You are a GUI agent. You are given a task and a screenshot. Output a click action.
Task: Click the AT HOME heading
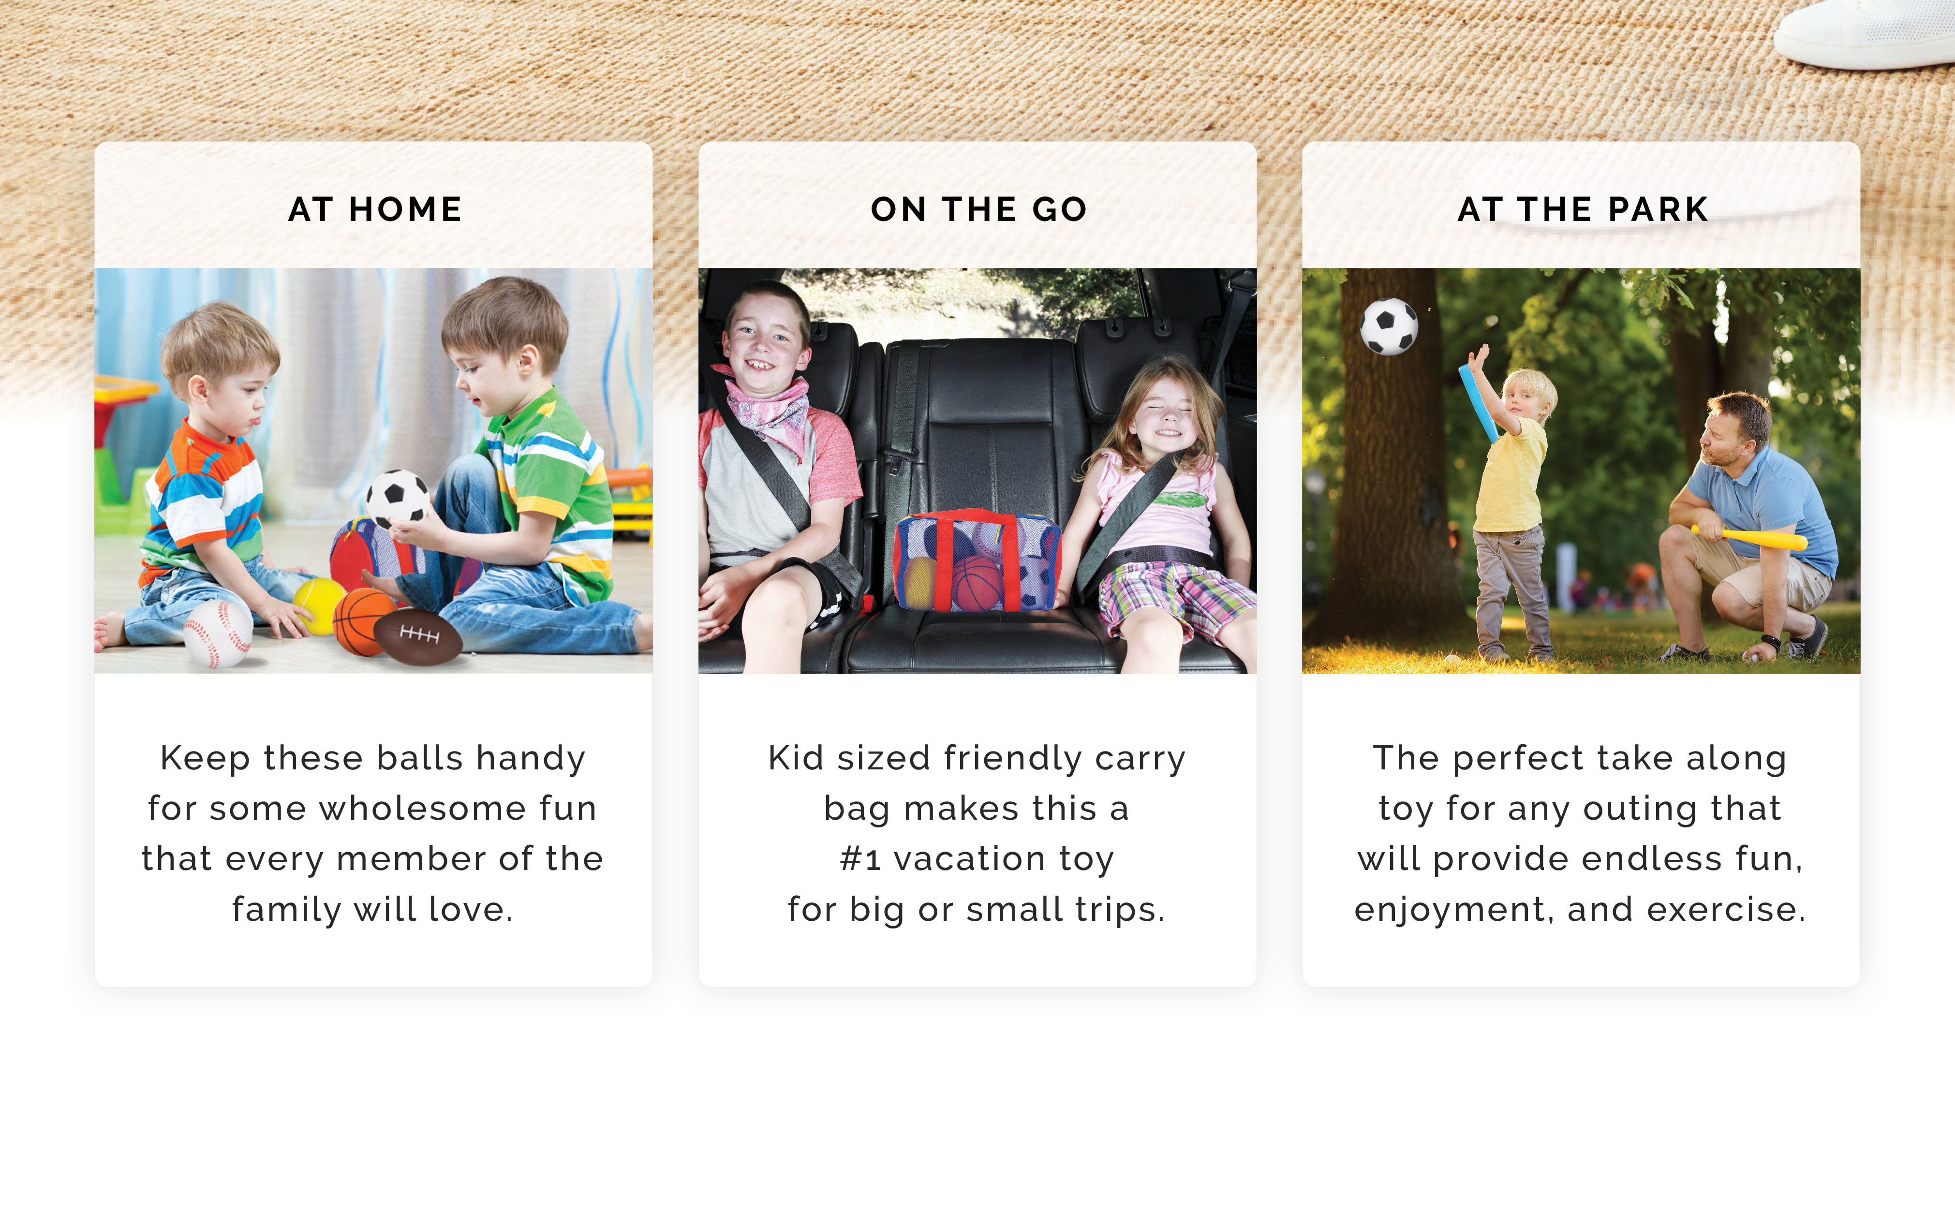tap(375, 209)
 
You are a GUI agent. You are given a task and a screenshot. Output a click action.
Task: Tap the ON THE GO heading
tap(978, 209)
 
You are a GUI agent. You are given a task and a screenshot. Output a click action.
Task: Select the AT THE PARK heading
tap(1583, 209)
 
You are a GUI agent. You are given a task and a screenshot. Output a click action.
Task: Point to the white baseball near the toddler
tap(218, 634)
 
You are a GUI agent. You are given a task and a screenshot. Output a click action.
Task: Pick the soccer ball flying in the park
tap(1390, 326)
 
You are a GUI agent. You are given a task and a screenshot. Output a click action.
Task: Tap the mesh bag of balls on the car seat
tap(977, 561)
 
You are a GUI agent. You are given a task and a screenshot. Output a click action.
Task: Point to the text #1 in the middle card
tap(860, 859)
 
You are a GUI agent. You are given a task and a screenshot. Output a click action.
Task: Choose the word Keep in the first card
tap(205, 758)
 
